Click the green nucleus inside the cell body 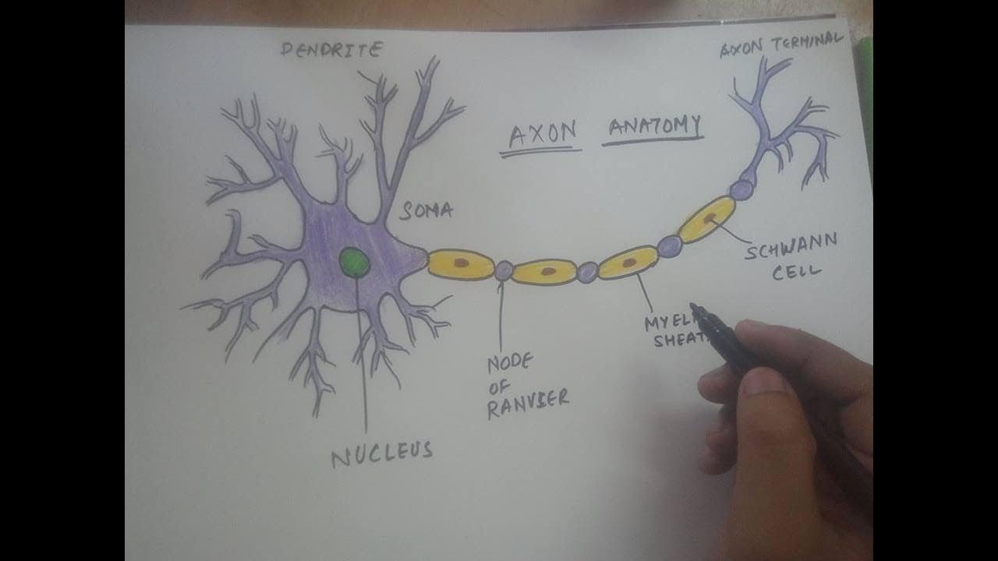355,263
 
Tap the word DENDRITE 332,51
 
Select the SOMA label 426,210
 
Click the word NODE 510,363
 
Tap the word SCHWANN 791,248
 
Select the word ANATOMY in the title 654,127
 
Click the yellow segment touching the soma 461,264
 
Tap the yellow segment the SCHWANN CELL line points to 706,219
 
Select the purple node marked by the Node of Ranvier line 504,270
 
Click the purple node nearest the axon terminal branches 741,189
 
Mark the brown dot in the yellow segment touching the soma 462,263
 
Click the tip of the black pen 694,308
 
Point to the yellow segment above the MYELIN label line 628,263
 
